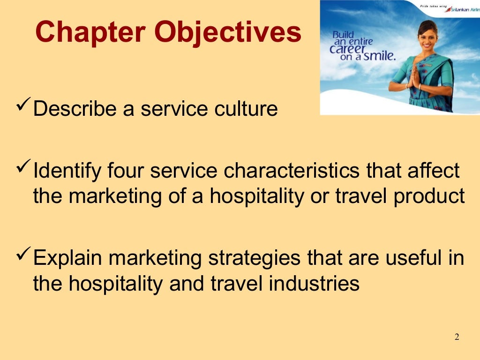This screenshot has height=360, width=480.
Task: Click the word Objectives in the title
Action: click(x=228, y=33)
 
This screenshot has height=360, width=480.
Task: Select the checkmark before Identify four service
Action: click(x=23, y=168)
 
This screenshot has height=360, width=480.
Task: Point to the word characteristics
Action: click(x=292, y=171)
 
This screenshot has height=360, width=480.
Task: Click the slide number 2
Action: click(x=457, y=337)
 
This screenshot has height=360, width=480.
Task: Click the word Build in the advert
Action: click(x=343, y=35)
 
